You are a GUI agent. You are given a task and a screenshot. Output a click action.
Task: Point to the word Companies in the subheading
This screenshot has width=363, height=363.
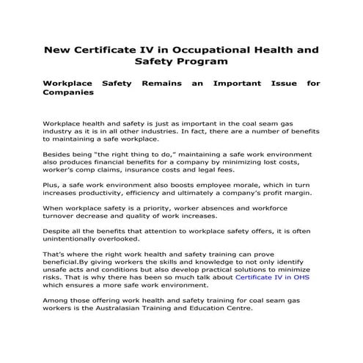coord(69,94)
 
